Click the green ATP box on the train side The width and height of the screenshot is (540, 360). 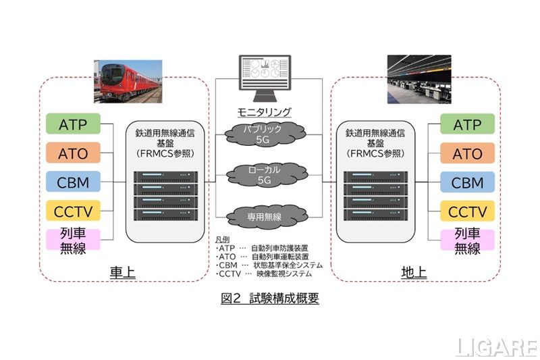[x=73, y=125]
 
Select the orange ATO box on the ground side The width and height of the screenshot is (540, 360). [x=467, y=153]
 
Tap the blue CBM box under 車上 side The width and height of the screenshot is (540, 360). [x=73, y=182]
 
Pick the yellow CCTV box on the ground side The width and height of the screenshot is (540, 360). [x=467, y=211]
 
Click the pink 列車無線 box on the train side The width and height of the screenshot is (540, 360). [x=73, y=241]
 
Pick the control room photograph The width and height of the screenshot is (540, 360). [x=418, y=80]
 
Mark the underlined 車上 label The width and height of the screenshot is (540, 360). [x=123, y=272]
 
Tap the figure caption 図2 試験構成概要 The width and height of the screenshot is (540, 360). [x=269, y=298]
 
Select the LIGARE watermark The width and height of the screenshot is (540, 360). [x=497, y=347]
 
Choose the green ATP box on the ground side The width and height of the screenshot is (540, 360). [x=467, y=125]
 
